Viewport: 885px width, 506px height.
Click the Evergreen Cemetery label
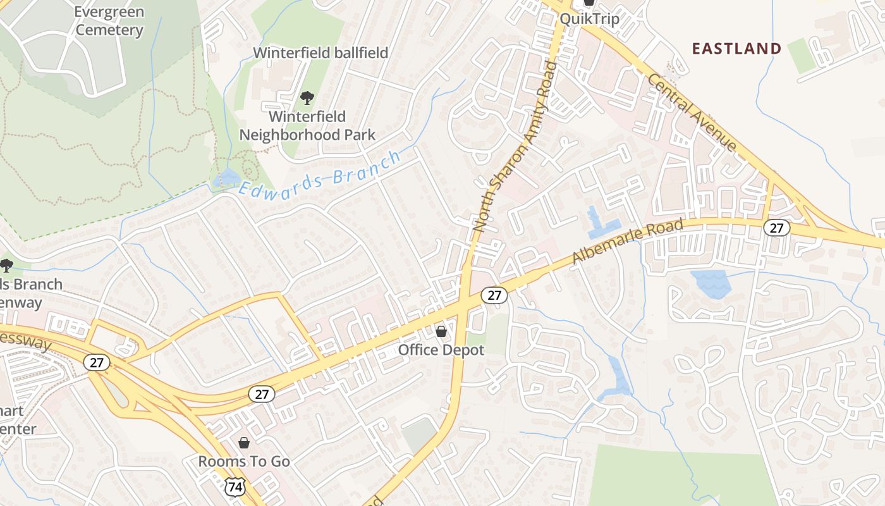(109, 21)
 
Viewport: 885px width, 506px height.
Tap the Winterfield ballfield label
(320, 52)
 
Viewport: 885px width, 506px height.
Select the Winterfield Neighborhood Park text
(307, 125)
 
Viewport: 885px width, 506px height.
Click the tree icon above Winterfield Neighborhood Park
(307, 98)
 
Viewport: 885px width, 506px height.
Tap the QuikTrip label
(589, 19)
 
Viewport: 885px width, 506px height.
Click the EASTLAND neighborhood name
(736, 49)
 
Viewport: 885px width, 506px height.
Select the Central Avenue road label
(693, 113)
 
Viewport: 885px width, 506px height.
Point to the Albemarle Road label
(628, 242)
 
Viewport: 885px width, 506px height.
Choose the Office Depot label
(441, 350)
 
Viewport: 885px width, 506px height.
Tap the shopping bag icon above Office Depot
(441, 331)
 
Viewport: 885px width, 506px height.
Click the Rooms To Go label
(244, 461)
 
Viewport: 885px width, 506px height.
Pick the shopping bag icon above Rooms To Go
(244, 443)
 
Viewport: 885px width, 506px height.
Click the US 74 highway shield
(235, 486)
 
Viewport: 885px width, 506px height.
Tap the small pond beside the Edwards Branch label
(226, 179)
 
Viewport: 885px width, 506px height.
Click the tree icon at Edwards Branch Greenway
(6, 266)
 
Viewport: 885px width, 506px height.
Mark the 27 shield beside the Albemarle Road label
(776, 228)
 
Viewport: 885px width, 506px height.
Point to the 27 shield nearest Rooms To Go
(261, 394)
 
